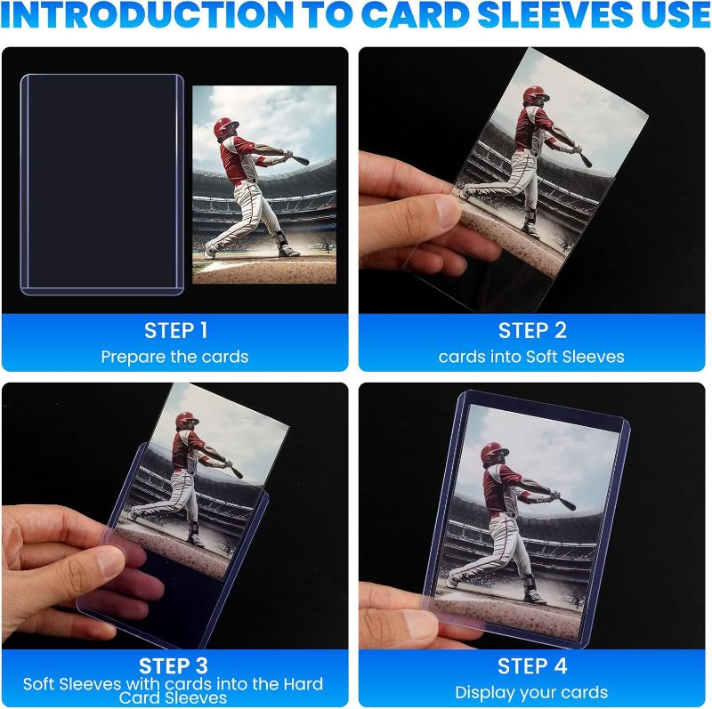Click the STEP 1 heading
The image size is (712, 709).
tap(175, 331)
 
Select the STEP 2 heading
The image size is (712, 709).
tap(532, 331)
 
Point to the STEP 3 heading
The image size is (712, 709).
tap(175, 665)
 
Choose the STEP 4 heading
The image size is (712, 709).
tap(532, 665)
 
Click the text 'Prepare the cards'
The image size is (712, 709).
tap(174, 357)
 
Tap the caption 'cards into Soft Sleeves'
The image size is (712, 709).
tap(531, 357)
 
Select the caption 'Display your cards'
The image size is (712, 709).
tap(531, 692)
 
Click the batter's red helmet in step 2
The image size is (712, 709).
tap(536, 95)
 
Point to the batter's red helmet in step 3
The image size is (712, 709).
tap(187, 421)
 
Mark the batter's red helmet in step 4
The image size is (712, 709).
tap(495, 452)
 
